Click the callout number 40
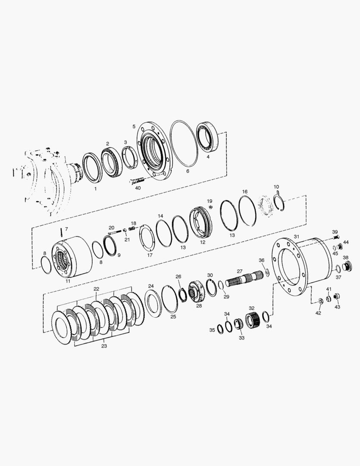tap(138, 188)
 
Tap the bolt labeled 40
tap(137, 180)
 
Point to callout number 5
tap(134, 126)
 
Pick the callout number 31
tap(297, 236)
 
